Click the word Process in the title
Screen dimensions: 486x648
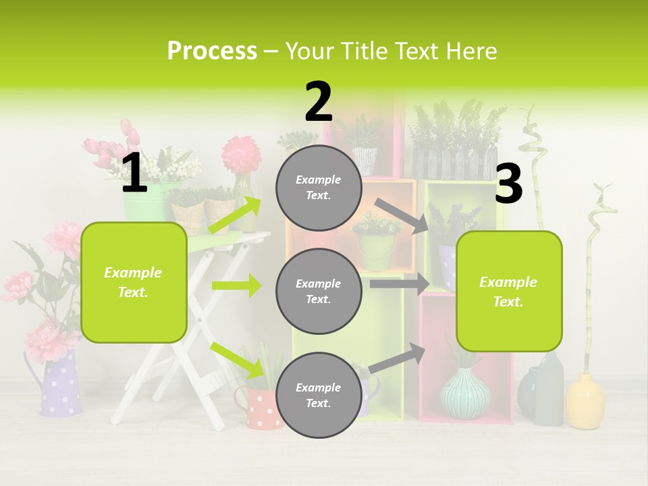(x=212, y=51)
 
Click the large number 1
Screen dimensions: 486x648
(x=134, y=173)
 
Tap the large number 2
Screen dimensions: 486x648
(x=319, y=102)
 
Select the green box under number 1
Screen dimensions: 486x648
(x=134, y=282)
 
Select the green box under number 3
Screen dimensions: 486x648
(x=509, y=291)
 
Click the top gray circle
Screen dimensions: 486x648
(x=319, y=188)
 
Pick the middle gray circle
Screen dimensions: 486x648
(x=319, y=291)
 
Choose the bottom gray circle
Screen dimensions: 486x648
(x=319, y=395)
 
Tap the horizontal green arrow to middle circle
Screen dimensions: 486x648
(x=236, y=286)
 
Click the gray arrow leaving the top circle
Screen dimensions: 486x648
(x=401, y=215)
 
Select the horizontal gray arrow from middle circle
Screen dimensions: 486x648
(x=400, y=283)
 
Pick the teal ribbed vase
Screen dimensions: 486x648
(x=465, y=393)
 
